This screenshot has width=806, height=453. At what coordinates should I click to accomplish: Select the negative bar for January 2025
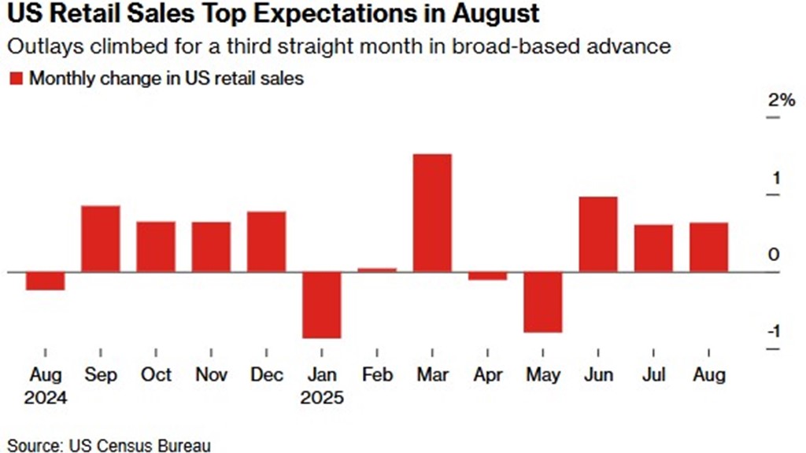pos(322,305)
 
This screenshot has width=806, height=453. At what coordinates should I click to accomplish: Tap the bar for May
pos(543,302)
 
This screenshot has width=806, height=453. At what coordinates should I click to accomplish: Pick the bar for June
pos(598,234)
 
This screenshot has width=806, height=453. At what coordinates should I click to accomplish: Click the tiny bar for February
pos(377,270)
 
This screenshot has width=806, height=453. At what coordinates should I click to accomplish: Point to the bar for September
pos(101,239)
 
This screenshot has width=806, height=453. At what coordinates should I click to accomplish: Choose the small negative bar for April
pos(488,276)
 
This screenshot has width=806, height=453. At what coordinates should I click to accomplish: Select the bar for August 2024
pos(46,281)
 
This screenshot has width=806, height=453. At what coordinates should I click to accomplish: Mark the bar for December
pos(267,241)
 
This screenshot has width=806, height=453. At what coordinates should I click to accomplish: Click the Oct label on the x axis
pos(156,374)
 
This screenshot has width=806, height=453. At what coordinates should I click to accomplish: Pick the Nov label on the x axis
pos(211,374)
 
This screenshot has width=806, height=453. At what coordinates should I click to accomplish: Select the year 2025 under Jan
pos(322,397)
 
